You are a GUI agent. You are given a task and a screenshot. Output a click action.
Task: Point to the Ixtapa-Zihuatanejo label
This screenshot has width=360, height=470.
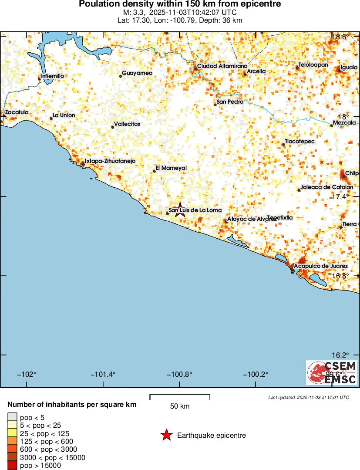[x=110, y=161]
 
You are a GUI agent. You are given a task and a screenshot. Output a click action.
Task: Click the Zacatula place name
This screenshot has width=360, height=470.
[x=17, y=112]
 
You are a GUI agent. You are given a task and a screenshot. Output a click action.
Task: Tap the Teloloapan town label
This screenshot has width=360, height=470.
[x=313, y=65]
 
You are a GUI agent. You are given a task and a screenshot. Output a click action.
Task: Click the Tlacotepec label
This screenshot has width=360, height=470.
[x=299, y=142]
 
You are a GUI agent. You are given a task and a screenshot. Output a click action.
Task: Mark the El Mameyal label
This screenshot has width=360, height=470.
[x=171, y=168]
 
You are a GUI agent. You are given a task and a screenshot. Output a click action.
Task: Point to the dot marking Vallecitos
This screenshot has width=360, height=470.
[x=113, y=127]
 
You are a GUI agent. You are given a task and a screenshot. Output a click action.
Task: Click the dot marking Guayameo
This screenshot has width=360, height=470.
[x=121, y=76]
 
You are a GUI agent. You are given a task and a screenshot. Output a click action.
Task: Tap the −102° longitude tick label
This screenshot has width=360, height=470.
[x=27, y=374]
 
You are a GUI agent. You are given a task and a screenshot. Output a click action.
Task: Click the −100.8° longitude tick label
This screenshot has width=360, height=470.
[x=180, y=374]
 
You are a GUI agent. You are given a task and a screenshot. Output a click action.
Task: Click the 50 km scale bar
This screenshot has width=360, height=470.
[x=180, y=397]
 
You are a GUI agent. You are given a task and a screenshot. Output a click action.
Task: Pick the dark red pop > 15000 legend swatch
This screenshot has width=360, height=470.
[x=12, y=466]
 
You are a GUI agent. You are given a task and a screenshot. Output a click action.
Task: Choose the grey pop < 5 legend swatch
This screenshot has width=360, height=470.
[x=12, y=417]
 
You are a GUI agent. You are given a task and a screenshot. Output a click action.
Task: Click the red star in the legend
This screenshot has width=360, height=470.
[x=166, y=435]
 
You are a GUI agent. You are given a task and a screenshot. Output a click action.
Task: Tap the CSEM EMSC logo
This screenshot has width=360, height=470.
[x=332, y=372]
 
